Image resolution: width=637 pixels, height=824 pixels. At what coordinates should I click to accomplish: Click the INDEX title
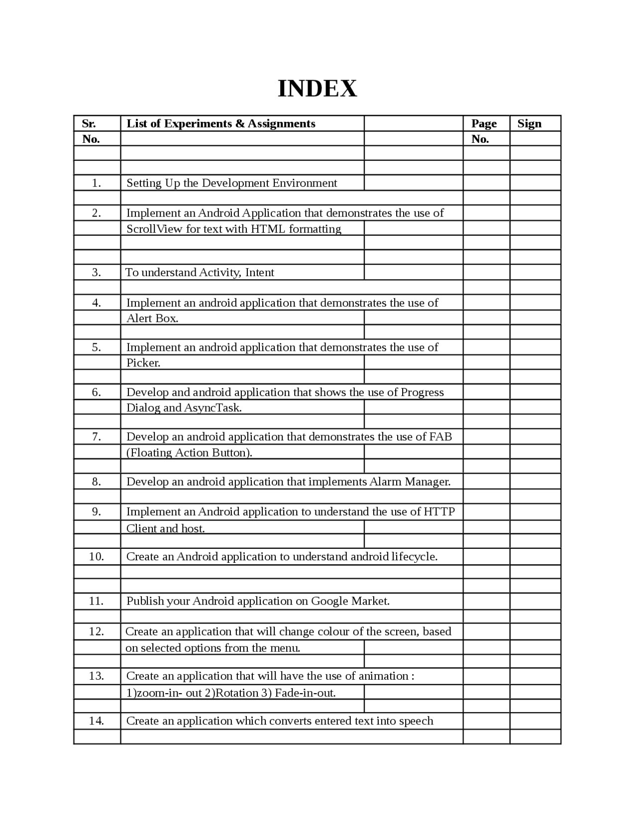pyautogui.click(x=317, y=89)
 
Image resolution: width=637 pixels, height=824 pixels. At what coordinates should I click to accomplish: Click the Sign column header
pyautogui.click(x=529, y=123)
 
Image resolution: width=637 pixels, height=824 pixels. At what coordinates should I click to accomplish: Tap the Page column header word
pyautogui.click(x=484, y=123)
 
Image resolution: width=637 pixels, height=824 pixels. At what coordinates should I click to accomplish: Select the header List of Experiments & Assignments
pyautogui.click(x=220, y=123)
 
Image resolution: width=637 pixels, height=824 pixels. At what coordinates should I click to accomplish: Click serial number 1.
pyautogui.click(x=97, y=183)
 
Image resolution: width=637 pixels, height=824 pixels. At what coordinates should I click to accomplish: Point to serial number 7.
pyautogui.click(x=97, y=437)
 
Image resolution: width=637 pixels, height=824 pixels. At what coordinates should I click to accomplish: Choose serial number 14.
pyautogui.click(x=97, y=721)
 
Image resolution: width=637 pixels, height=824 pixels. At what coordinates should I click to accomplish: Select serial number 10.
pyautogui.click(x=97, y=556)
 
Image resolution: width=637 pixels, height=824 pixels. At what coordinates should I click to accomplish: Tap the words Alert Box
pyautogui.click(x=152, y=318)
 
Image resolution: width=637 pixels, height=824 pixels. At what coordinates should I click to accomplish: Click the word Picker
pyautogui.click(x=143, y=363)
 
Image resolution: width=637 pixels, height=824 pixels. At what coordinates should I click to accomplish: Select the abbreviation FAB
pyautogui.click(x=440, y=437)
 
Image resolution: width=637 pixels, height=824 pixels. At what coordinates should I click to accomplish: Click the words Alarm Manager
pyautogui.click(x=410, y=482)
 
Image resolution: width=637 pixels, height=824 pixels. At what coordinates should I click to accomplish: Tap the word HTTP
pyautogui.click(x=439, y=512)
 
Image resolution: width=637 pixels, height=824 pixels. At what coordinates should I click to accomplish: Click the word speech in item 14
pyautogui.click(x=416, y=721)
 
